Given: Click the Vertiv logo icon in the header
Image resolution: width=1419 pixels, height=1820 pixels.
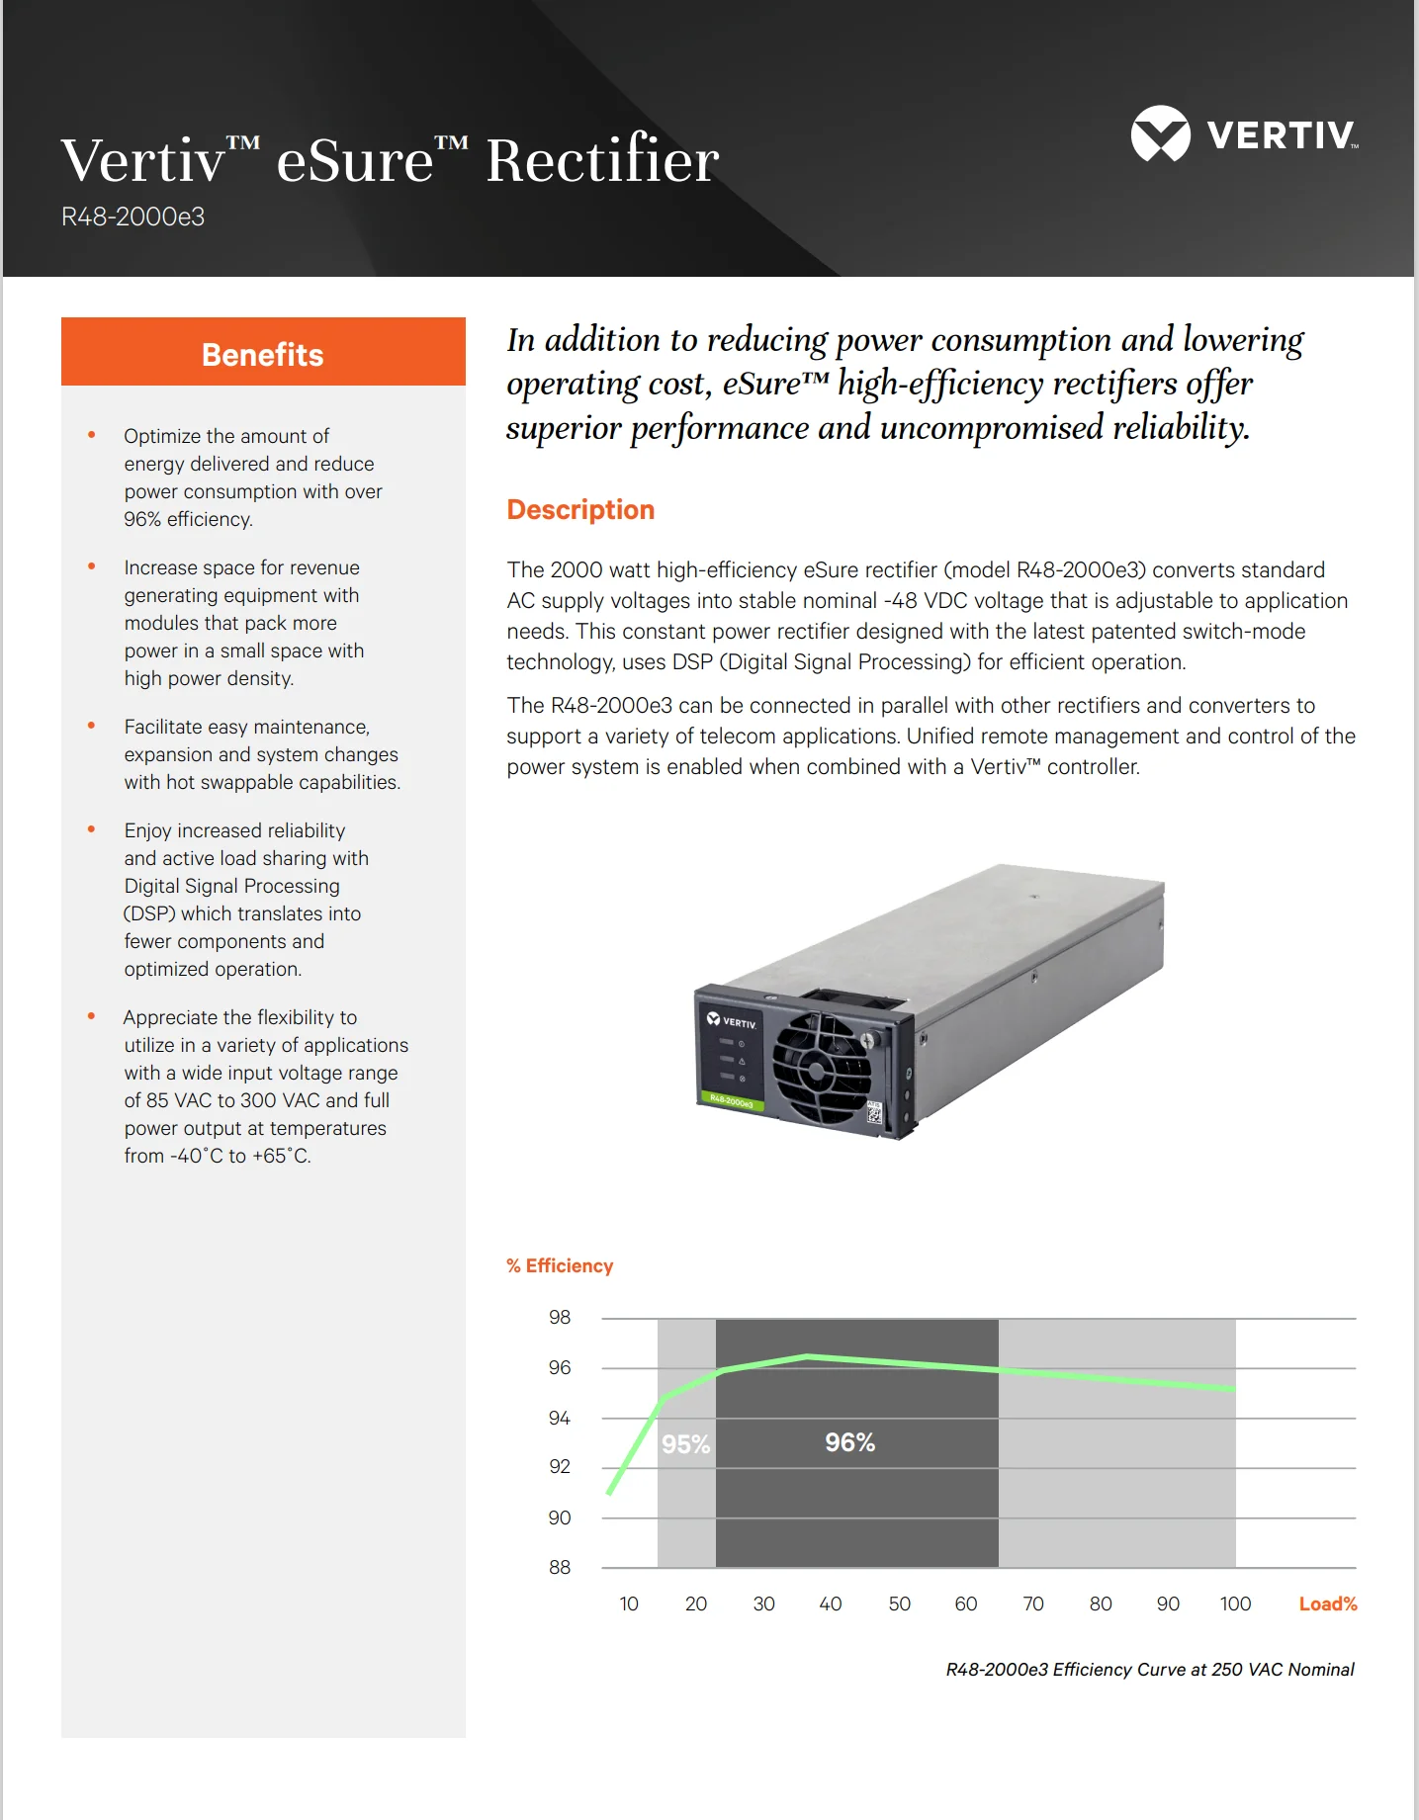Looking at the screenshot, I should pos(1160,133).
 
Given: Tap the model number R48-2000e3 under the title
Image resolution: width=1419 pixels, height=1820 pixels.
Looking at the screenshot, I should pos(133,217).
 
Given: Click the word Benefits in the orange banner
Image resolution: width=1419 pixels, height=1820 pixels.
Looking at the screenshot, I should pos(262,354).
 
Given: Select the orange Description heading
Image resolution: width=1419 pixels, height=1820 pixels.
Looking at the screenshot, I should pos(580,509).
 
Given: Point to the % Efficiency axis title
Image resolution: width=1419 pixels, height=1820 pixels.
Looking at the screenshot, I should pos(560,1265).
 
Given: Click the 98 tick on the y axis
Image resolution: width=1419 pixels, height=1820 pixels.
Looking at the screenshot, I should pos(560,1317).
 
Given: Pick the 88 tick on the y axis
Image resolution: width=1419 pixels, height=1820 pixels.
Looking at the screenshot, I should pos(560,1567).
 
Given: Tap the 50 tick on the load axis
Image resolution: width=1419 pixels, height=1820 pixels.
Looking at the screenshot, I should pos(899,1603).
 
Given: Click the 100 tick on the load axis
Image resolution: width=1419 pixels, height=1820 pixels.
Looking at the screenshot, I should pos(1235,1603).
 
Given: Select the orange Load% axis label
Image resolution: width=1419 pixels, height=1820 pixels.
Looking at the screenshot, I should pos(1327,1603).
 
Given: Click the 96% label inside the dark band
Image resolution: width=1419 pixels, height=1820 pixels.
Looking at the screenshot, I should pos(849,1442).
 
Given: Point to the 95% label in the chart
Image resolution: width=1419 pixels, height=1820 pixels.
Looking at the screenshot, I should pos(685,1444).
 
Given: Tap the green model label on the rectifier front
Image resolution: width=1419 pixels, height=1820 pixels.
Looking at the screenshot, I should pos(732,1101).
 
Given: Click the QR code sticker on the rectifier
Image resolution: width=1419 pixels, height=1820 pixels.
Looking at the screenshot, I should pos(874,1113).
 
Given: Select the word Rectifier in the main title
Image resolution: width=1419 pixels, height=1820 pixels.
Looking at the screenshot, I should pos(602,160).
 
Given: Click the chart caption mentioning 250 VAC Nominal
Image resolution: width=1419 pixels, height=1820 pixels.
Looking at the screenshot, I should pos(1149,1669).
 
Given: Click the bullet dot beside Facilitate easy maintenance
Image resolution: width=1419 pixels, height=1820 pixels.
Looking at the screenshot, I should pos(91,726).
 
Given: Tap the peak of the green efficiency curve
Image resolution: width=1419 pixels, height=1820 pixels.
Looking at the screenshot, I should pos(808,1356).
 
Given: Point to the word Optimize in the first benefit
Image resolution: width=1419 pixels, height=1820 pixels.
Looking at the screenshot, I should pos(164,436).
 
